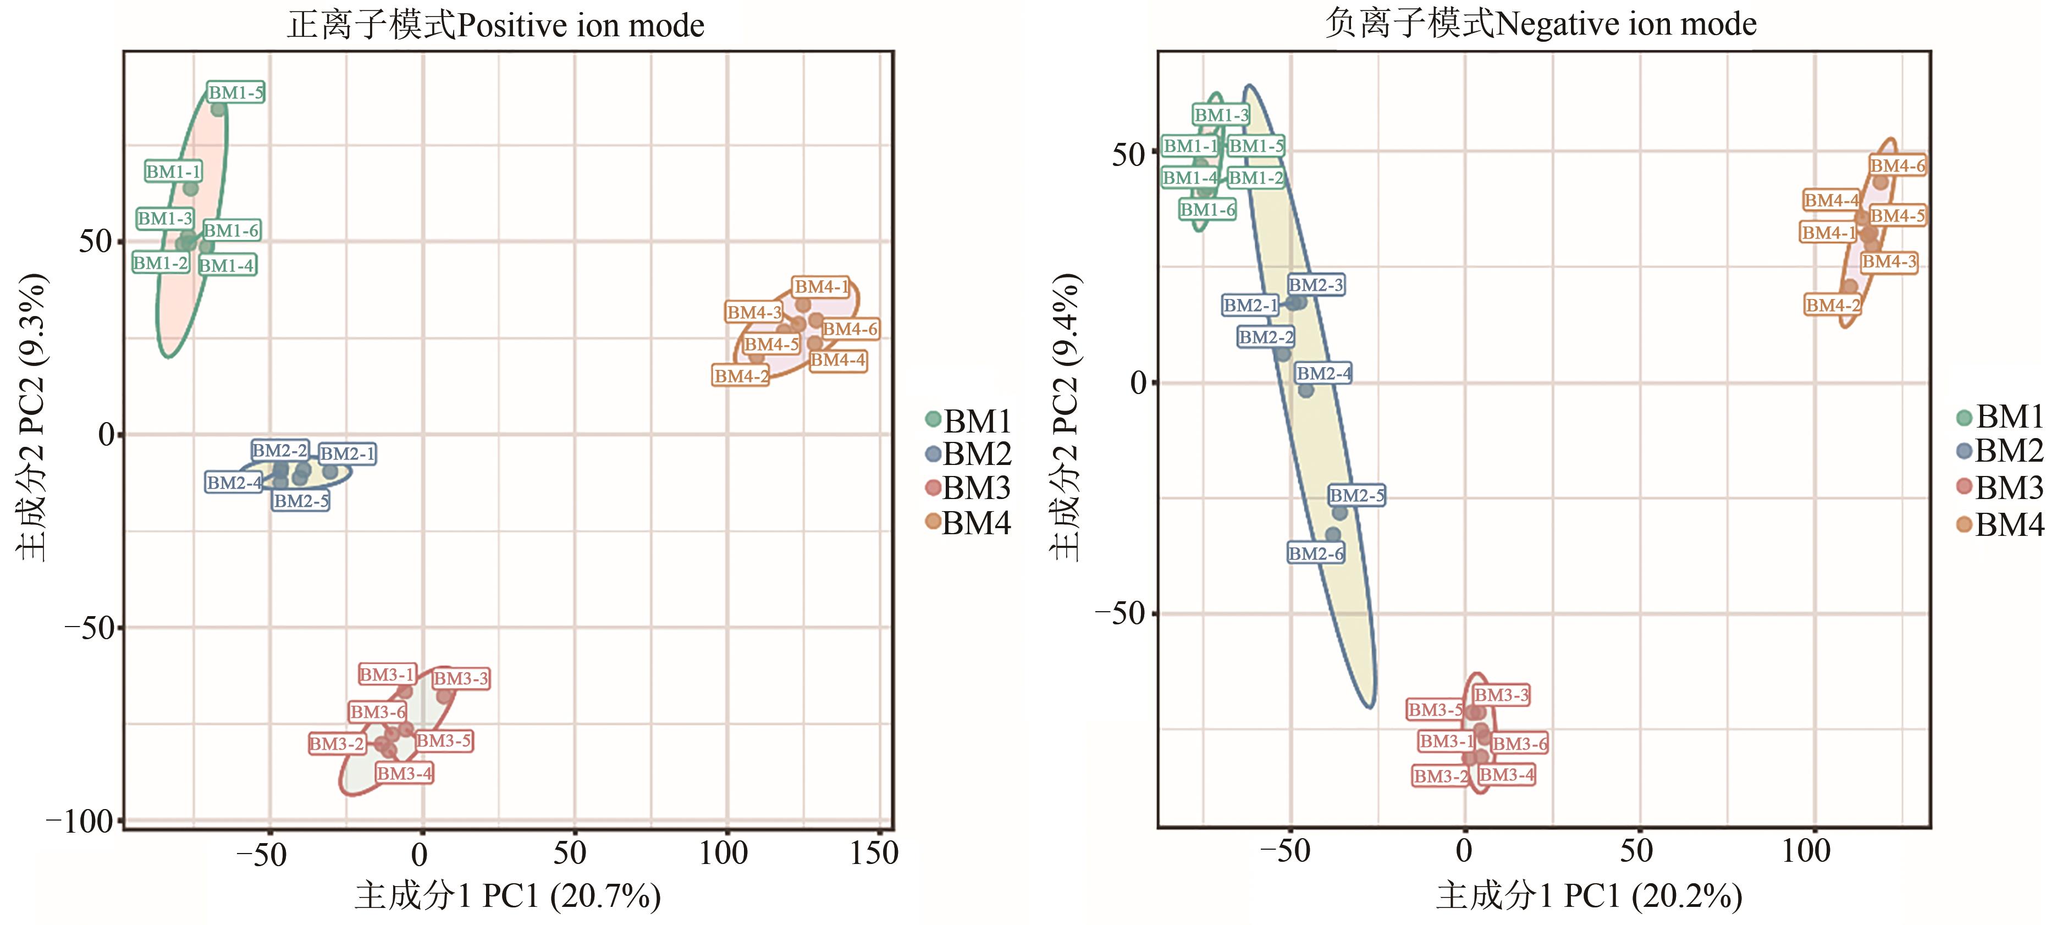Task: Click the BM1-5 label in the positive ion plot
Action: coord(235,92)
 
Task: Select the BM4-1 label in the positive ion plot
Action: coord(821,286)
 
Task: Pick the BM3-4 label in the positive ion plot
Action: coord(404,773)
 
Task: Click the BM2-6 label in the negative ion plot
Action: coord(1316,553)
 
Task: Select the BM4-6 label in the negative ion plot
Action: coord(1898,166)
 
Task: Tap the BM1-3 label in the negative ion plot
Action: coord(1221,115)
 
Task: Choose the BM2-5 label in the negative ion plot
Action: coord(1356,496)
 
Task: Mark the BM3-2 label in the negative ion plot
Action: coord(1441,776)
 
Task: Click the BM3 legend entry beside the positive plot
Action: coord(968,488)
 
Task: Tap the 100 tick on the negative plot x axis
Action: coord(1806,851)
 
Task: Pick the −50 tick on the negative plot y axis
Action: coord(1120,613)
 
